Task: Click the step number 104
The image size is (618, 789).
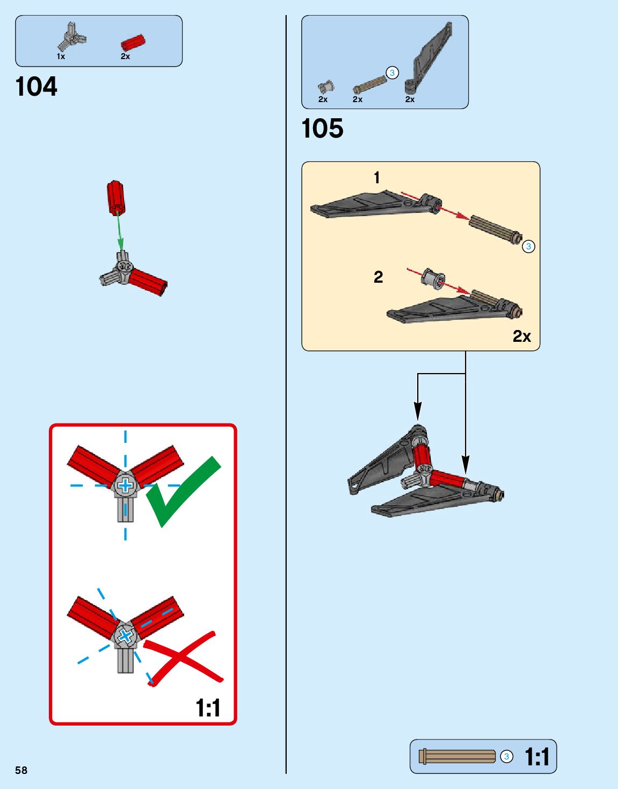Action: (x=36, y=87)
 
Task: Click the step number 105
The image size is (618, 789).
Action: (x=322, y=128)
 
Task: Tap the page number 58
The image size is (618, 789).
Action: (x=21, y=770)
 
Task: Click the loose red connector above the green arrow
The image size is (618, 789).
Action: (x=115, y=197)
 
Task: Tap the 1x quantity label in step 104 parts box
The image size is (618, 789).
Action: (x=61, y=56)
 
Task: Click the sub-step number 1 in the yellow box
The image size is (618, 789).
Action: (x=377, y=177)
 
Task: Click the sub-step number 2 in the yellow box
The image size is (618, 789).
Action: (x=378, y=277)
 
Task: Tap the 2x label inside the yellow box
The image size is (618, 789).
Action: (x=521, y=336)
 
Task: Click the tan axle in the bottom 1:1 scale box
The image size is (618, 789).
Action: (x=457, y=757)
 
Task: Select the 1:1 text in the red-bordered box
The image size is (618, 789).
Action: (x=208, y=708)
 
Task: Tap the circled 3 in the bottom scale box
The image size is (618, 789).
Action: (x=506, y=757)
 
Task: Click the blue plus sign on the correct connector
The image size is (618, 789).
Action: (x=125, y=486)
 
